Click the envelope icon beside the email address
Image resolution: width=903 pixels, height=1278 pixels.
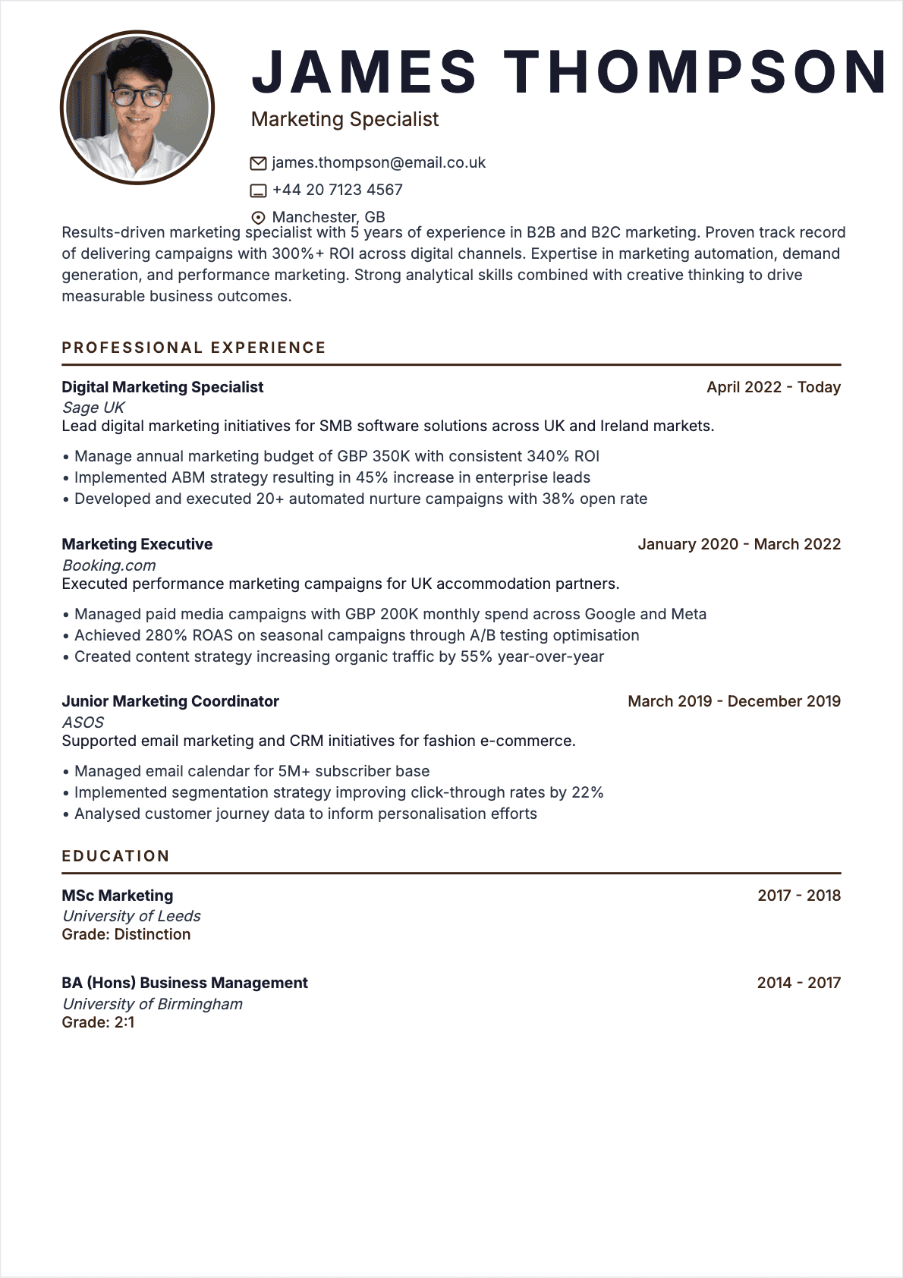click(258, 163)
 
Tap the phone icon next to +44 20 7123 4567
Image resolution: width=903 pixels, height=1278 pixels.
click(258, 190)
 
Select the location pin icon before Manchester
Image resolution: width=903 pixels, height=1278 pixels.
click(258, 218)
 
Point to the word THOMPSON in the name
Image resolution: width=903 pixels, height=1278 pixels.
click(696, 72)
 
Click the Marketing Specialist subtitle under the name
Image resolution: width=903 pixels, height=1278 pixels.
click(345, 119)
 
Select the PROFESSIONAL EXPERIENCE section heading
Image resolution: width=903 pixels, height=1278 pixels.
click(193, 348)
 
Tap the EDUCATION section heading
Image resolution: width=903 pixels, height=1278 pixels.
click(115, 856)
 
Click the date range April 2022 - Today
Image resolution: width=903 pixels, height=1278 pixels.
click(773, 387)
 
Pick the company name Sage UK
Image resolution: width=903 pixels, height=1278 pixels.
click(93, 408)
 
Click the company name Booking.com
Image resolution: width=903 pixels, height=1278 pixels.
click(109, 565)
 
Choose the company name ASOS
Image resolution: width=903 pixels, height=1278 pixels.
click(83, 722)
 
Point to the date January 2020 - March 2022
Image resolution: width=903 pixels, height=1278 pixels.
click(739, 544)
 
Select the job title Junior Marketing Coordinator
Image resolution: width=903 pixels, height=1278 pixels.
click(170, 701)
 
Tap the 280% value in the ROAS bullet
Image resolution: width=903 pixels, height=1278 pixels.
click(166, 635)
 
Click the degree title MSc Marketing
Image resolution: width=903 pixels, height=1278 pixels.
click(117, 896)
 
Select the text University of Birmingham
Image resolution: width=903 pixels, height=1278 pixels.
click(152, 1004)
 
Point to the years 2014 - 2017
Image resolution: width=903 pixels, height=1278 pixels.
click(798, 983)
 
